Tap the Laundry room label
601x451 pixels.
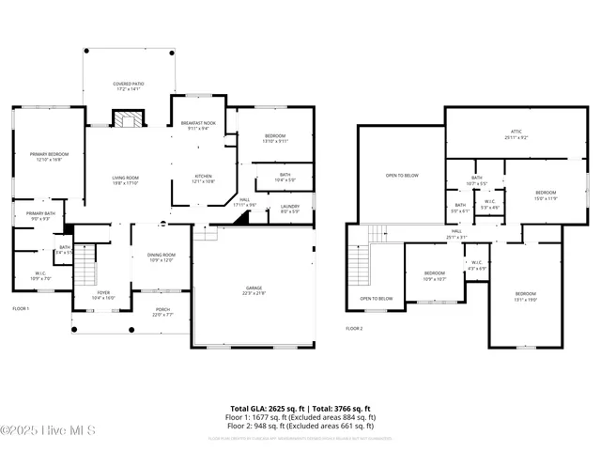coord(290,209)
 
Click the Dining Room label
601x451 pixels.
coord(162,257)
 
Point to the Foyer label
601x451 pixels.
coord(103,294)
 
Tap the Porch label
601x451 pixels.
coord(162,312)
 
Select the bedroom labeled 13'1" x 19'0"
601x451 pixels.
coord(525,296)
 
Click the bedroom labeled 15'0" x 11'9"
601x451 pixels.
coord(546,194)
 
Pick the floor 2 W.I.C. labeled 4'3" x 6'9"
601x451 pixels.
coord(476,265)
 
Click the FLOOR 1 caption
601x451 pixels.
coord(21,308)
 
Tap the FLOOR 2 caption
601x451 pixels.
coord(354,328)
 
